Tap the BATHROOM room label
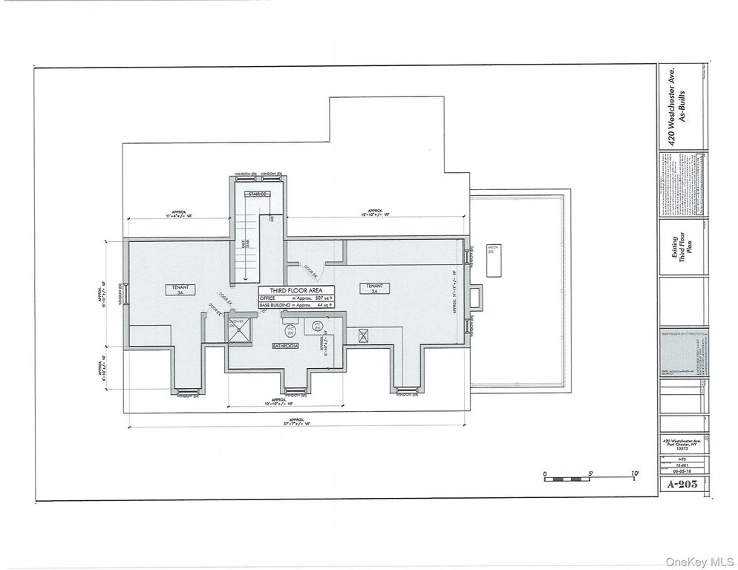tap(285, 346)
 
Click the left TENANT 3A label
tap(180, 289)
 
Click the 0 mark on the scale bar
tap(544, 473)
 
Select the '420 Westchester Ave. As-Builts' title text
tap(678, 106)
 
